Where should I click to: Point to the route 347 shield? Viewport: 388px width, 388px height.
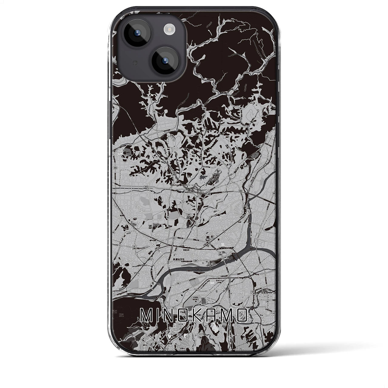click(x=189, y=215)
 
